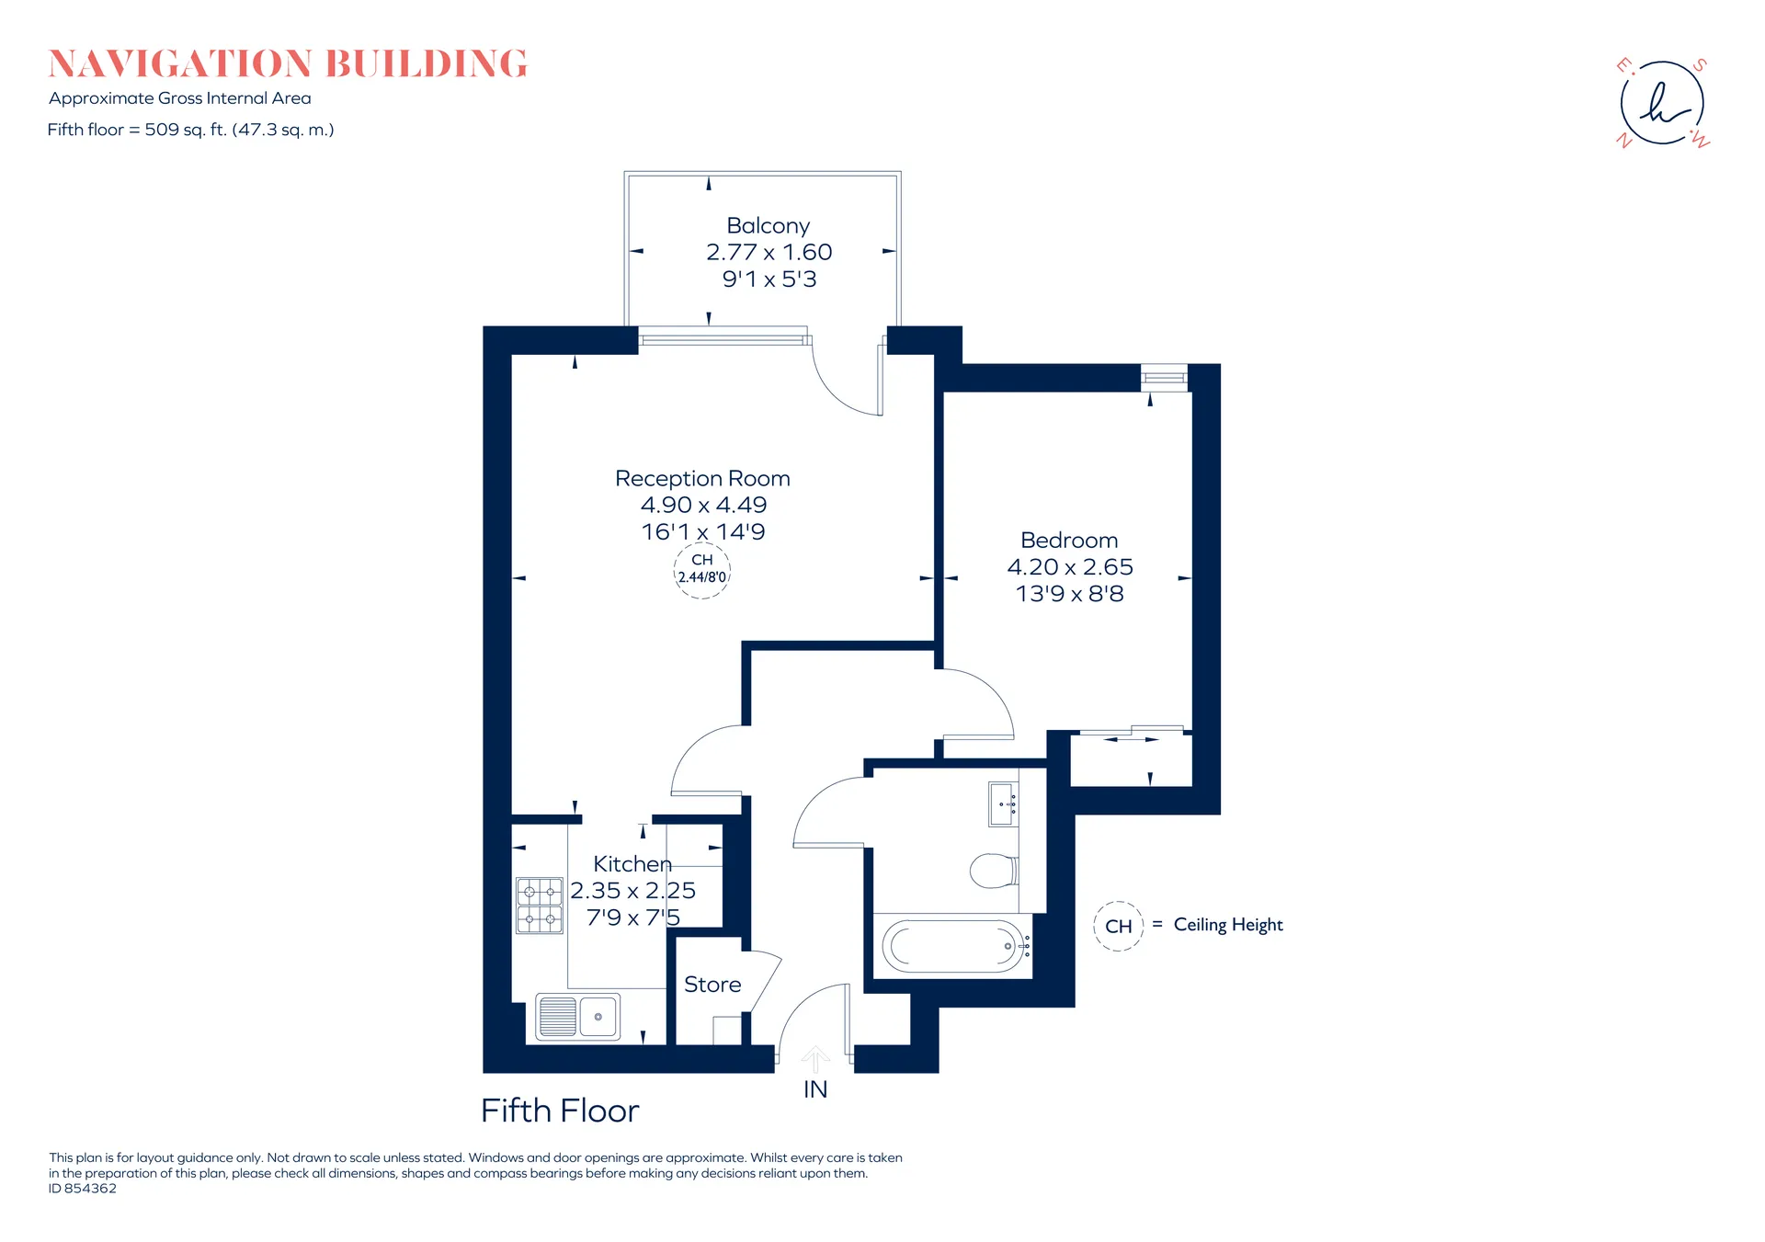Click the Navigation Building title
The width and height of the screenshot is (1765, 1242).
pyautogui.click(x=288, y=64)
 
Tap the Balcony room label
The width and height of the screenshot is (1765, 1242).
pyautogui.click(x=769, y=225)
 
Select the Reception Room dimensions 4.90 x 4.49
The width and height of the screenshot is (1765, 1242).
pyautogui.click(x=703, y=505)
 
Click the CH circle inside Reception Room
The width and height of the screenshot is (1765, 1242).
pyautogui.click(x=702, y=571)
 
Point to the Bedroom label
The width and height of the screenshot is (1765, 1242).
pyautogui.click(x=1069, y=540)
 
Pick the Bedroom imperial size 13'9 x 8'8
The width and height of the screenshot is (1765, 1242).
pyautogui.click(x=1069, y=594)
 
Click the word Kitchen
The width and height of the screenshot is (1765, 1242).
pyautogui.click(x=632, y=864)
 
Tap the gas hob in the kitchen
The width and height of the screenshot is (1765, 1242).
pyautogui.click(x=540, y=906)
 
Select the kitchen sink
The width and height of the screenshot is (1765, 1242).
pyautogui.click(x=578, y=1017)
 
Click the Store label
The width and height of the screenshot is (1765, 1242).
pyautogui.click(x=712, y=985)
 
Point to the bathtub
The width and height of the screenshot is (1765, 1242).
pyautogui.click(x=953, y=946)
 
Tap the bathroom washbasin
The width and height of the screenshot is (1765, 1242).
pyautogui.click(x=1003, y=804)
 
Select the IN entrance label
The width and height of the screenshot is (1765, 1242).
pyautogui.click(x=815, y=1089)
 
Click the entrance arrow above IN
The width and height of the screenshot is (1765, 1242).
pyautogui.click(x=815, y=1059)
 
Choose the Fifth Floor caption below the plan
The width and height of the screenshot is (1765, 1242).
pyautogui.click(x=560, y=1111)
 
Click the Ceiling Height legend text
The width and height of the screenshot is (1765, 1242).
pyautogui.click(x=1228, y=925)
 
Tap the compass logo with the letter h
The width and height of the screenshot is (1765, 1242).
pyautogui.click(x=1663, y=102)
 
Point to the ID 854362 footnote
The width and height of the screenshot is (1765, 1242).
pyautogui.click(x=83, y=1189)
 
